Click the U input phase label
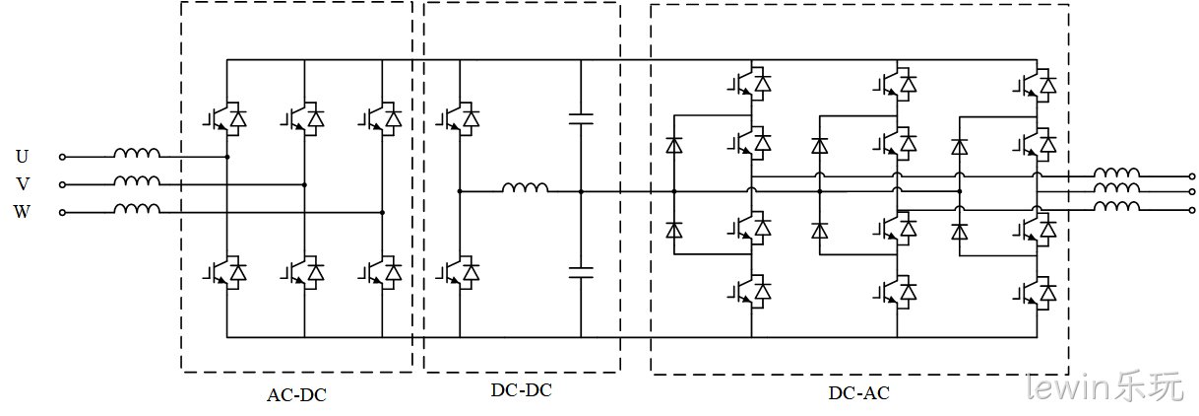[x=22, y=157]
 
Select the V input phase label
[x=23, y=184]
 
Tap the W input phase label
[x=22, y=212]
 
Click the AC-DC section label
[x=296, y=395]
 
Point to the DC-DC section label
[x=522, y=390]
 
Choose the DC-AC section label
[x=859, y=393]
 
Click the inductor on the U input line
[x=137, y=153]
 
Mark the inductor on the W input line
[x=137, y=208]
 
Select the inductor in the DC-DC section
[x=525, y=187]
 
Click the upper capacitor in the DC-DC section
[x=581, y=118]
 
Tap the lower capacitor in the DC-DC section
[x=581, y=272]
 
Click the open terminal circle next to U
[x=62, y=157]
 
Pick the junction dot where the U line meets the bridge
[x=227, y=157]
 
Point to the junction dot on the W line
[x=382, y=212]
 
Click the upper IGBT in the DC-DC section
[x=458, y=118]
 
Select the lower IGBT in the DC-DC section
[x=458, y=272]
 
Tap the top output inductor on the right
[x=1116, y=173]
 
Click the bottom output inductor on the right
[x=1116, y=206]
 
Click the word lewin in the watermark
[x=1068, y=387]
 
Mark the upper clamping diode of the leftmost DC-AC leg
[x=674, y=145]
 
